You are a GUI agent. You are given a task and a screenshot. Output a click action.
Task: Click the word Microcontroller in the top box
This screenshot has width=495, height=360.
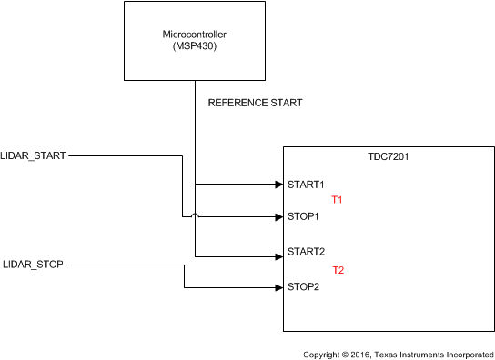click(x=195, y=35)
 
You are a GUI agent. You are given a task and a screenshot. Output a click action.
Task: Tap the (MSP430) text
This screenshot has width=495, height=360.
click(x=195, y=45)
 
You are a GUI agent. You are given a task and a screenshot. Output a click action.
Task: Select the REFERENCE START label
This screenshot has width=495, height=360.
click(x=255, y=103)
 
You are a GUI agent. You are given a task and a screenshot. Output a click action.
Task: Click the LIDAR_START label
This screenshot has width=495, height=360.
click(x=34, y=156)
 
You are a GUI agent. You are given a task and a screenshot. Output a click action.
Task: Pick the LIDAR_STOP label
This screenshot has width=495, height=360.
click(x=34, y=265)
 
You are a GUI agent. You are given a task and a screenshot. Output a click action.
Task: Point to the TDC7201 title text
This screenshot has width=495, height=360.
click(x=389, y=157)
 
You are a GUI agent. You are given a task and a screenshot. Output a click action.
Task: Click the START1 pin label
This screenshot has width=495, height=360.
click(x=306, y=185)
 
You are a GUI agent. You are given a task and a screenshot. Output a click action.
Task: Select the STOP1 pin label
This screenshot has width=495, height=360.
click(x=303, y=217)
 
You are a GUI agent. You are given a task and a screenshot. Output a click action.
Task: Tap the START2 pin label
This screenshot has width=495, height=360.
click(x=306, y=251)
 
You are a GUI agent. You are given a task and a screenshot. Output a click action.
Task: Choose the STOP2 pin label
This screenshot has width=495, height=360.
click(x=303, y=287)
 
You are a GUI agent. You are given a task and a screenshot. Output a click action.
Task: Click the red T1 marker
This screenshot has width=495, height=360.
click(x=338, y=199)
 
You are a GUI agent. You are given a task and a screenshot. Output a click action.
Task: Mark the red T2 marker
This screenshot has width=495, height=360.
click(x=338, y=270)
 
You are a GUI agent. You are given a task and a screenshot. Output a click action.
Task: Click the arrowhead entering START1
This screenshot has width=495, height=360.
click(x=278, y=185)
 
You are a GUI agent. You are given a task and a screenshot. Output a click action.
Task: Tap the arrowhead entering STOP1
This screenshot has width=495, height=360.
click(x=278, y=217)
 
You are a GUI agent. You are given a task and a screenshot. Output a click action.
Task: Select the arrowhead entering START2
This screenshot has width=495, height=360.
click(x=278, y=257)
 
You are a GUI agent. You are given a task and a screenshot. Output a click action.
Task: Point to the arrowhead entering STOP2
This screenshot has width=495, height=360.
click(x=278, y=287)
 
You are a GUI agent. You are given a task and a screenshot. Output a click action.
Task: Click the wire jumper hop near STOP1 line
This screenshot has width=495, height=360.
click(x=195, y=215)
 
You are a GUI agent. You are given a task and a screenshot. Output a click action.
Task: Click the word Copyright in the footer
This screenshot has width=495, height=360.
click(x=323, y=351)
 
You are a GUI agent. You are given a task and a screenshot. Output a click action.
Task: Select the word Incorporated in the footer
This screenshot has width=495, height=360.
click(x=465, y=351)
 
